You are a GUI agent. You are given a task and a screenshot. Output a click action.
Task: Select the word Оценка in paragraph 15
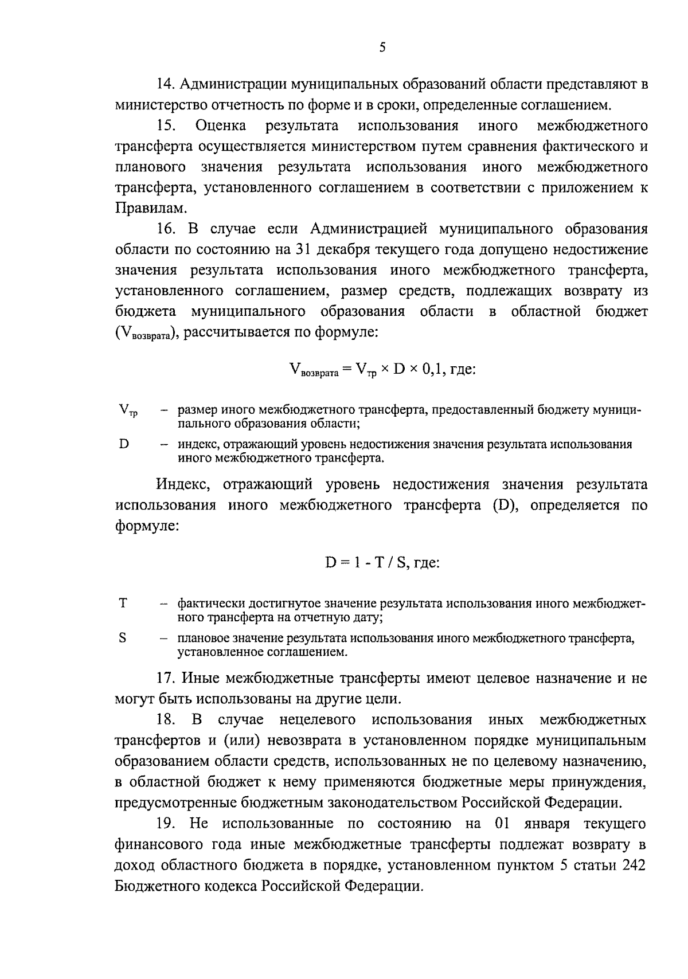[x=221, y=126]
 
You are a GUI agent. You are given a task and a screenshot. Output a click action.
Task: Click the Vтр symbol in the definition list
[x=128, y=412]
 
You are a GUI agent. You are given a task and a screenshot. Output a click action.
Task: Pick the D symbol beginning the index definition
[x=123, y=444]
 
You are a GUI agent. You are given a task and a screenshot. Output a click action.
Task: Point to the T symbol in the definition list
[x=123, y=603]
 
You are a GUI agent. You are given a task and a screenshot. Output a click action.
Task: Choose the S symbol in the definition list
[x=123, y=637]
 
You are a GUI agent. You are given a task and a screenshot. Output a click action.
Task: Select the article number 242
[x=634, y=866]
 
